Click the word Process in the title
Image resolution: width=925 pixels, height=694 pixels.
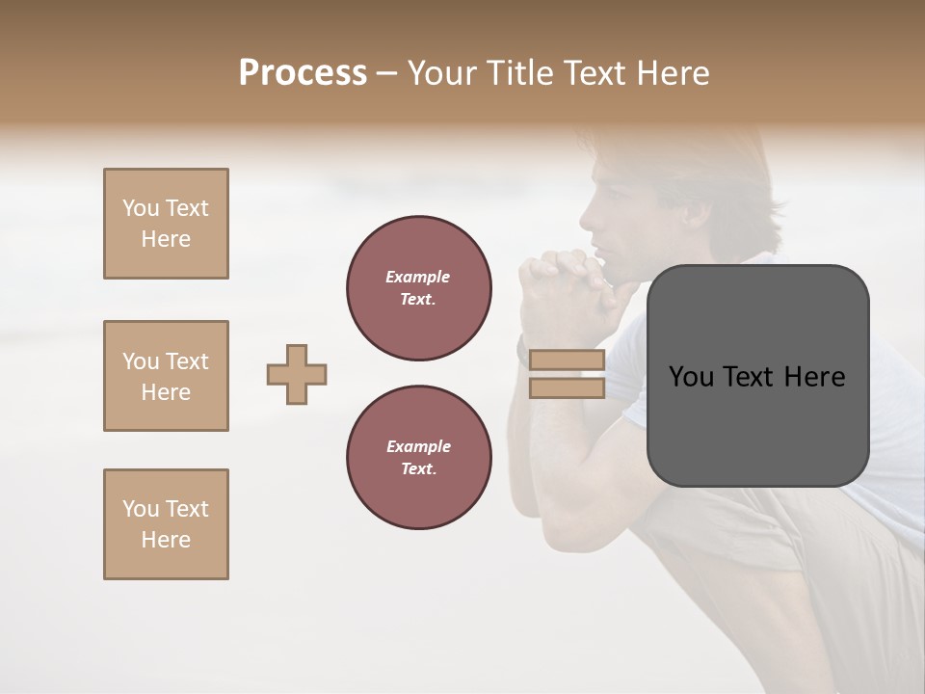click(x=303, y=73)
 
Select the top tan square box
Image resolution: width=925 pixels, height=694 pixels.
click(x=166, y=224)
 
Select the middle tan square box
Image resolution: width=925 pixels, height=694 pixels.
click(x=166, y=376)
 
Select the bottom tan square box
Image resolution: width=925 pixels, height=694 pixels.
click(x=166, y=524)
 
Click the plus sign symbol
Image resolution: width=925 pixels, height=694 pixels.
click(x=297, y=374)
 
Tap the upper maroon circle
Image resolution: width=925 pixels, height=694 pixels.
click(x=418, y=288)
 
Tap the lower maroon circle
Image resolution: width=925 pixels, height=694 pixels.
click(x=418, y=458)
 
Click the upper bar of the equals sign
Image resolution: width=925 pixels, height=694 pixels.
click(x=567, y=360)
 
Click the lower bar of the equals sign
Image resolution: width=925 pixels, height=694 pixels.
click(x=567, y=387)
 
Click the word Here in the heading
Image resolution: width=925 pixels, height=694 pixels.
click(x=671, y=73)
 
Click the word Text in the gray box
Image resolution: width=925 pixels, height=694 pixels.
click(x=756, y=377)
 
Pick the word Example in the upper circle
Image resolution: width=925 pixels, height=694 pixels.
click(x=418, y=277)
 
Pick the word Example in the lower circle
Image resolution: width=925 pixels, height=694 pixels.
click(x=418, y=446)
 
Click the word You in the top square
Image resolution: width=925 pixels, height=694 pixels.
click(x=139, y=208)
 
